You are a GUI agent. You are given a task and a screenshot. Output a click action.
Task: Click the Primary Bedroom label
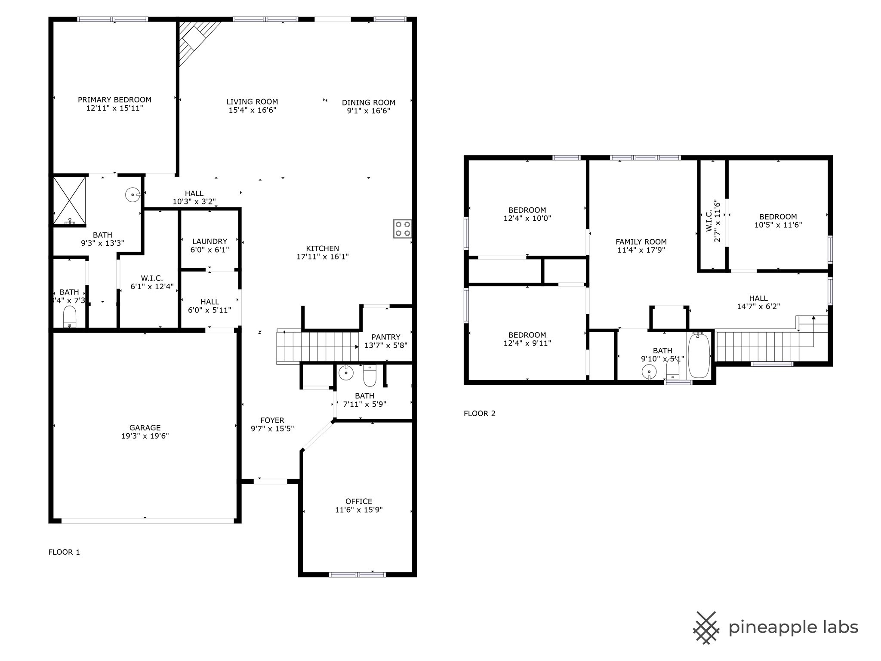[114, 100]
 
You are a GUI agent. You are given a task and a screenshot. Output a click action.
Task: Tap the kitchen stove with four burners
[402, 229]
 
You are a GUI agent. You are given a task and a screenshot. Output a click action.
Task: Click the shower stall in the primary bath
[69, 201]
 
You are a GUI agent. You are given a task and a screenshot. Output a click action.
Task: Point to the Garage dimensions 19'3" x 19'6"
[145, 436]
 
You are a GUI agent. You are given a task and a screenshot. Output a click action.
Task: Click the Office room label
[359, 501]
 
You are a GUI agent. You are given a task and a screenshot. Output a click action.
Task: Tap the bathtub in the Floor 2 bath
[699, 356]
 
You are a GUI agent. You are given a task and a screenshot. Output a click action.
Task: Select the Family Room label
[641, 242]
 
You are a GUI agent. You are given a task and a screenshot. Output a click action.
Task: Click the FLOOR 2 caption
[479, 414]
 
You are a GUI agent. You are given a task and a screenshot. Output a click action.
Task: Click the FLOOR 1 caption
[64, 552]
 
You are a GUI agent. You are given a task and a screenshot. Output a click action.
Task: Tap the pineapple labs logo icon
[706, 628]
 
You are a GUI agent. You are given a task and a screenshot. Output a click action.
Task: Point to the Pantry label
[386, 337]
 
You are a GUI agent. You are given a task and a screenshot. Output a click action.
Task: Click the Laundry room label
[209, 241]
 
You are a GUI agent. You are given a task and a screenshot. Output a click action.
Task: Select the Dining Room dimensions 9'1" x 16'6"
[369, 111]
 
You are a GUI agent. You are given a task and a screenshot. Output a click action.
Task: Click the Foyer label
[272, 420]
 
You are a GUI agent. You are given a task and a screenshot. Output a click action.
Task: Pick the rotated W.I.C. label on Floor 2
[713, 221]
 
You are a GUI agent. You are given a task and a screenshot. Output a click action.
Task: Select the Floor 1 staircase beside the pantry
[318, 346]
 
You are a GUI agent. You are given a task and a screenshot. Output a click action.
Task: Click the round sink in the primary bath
[132, 195]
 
